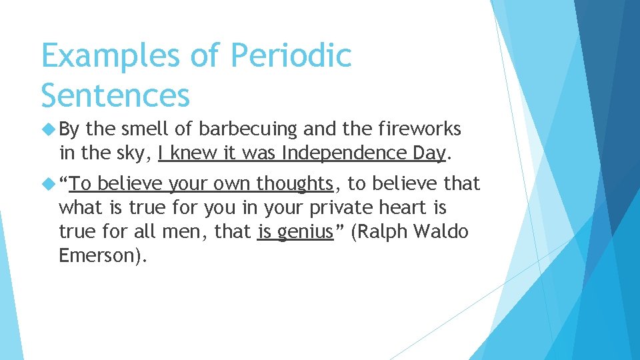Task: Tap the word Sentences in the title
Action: pos(115,95)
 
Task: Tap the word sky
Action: pos(133,153)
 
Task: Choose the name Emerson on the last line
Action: pos(97,257)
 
